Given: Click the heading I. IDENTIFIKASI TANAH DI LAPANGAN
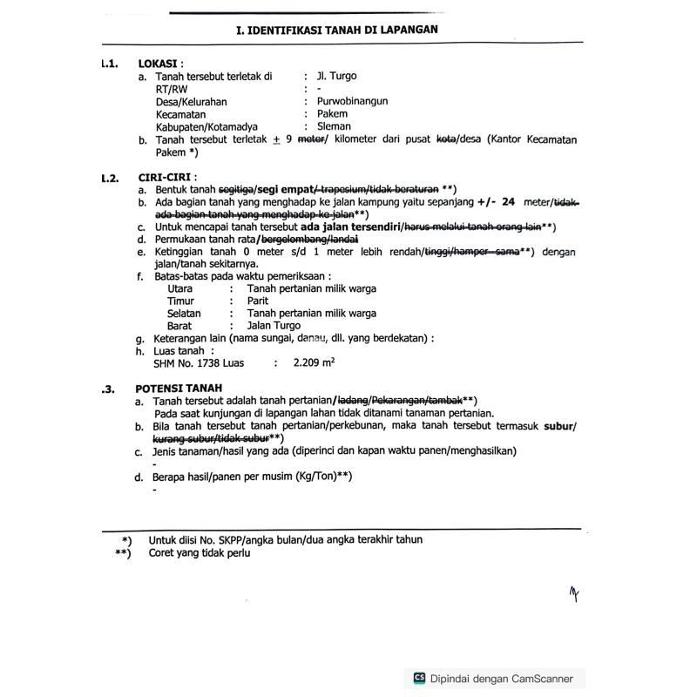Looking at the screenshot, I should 336,30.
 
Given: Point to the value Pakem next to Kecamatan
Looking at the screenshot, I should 332,113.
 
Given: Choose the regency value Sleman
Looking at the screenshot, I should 334,126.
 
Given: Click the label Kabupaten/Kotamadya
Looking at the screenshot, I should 206,126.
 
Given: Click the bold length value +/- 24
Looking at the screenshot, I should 496,202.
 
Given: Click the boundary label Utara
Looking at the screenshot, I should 179,288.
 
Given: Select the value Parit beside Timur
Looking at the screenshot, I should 258,301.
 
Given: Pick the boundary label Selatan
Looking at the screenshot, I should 184,313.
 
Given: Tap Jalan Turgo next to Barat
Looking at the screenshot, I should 274,326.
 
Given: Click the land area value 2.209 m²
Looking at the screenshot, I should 314,362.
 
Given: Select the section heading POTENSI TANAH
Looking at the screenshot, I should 179,388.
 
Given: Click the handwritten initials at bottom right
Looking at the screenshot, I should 574,594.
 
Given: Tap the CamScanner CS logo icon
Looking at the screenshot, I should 419,679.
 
